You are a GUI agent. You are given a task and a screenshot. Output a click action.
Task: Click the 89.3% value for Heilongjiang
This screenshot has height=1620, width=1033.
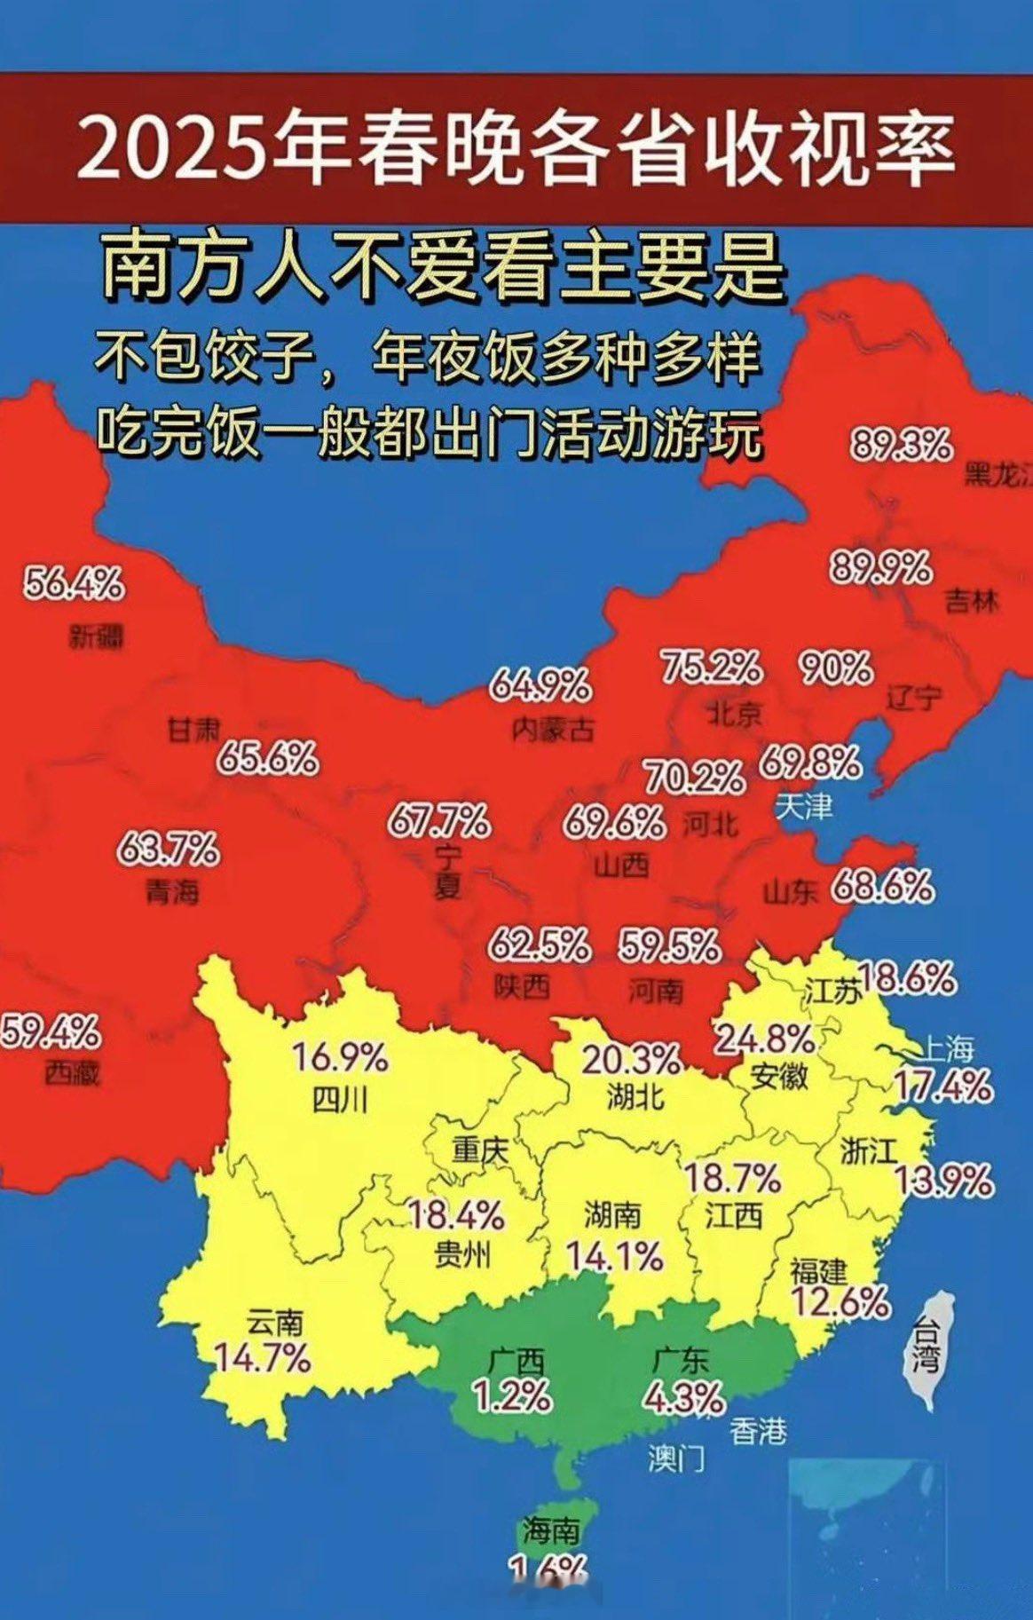pos(902,444)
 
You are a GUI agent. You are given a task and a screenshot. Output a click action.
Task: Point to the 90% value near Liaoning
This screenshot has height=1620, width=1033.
pos(835,668)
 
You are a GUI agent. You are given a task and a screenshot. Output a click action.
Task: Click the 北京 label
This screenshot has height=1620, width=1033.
pos(734,712)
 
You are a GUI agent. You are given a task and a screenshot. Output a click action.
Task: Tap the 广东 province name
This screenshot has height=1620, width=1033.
pos(681,1360)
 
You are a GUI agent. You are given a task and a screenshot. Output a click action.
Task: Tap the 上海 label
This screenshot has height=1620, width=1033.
pos(944,1049)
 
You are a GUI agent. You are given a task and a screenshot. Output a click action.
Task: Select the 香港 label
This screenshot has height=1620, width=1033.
pos(758,1430)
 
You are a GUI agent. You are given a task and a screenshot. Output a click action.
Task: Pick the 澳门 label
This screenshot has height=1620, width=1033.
pos(676,1458)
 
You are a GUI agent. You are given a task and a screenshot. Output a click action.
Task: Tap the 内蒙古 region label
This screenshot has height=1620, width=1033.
pos(553,730)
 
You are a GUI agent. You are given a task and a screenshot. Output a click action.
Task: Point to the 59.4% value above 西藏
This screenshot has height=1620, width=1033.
pos(50,1032)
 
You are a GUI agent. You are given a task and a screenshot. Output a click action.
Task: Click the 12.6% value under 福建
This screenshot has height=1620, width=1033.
pos(840,1302)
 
